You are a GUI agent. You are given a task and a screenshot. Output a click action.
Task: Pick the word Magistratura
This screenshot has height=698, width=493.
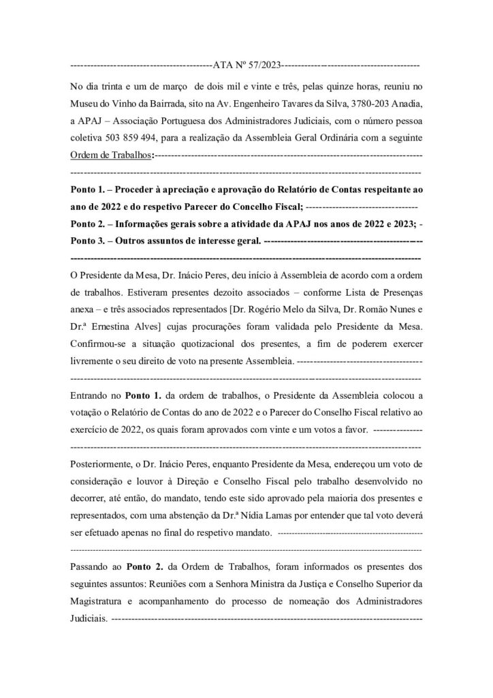(103, 602)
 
